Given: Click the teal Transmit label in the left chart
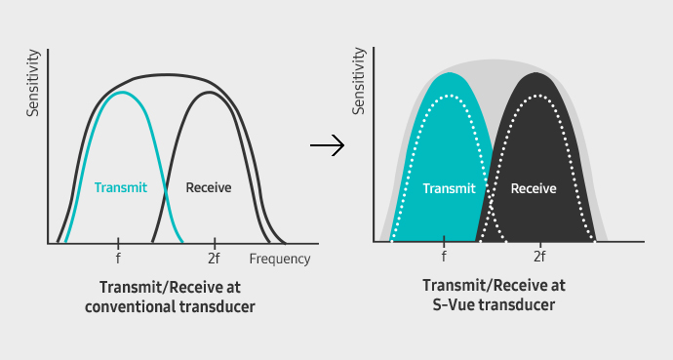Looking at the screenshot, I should (x=120, y=186).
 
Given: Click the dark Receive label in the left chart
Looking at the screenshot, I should (x=208, y=186).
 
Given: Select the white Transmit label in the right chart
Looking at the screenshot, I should (x=449, y=188).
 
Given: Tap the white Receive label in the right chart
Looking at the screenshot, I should (x=534, y=188).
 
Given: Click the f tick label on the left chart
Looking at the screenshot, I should (x=118, y=260).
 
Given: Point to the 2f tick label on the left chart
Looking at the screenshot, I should (x=215, y=260).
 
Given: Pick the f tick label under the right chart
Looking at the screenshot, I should (x=444, y=258).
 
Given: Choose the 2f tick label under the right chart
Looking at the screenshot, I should (x=539, y=258).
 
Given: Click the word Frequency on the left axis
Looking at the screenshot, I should (x=280, y=260).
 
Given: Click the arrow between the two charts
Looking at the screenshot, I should (x=327, y=147).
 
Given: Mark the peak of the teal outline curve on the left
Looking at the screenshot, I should (x=120, y=93).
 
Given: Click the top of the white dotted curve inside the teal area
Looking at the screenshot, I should (x=447, y=96).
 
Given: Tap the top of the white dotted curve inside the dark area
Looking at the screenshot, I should (x=537, y=96).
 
